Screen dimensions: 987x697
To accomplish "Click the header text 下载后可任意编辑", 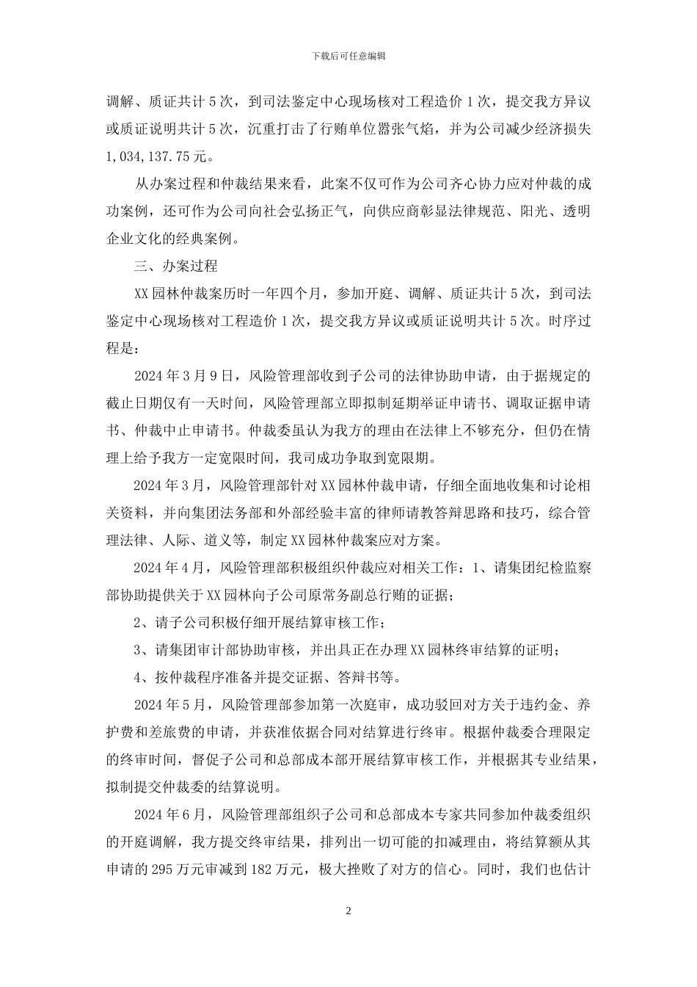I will click(x=348, y=56).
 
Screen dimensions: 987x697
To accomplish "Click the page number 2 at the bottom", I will click(x=348, y=911).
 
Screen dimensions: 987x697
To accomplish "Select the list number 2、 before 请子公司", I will click(x=143, y=623).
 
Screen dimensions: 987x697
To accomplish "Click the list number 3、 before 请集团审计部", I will click(x=143, y=650).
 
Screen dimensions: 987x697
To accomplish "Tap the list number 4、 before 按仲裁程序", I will click(x=143, y=677).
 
